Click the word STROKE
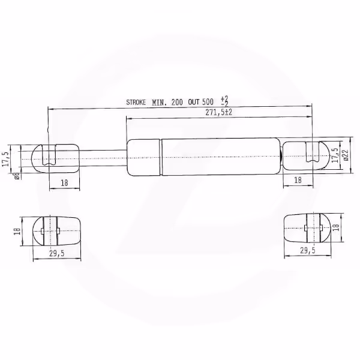[136, 102]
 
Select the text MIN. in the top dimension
[160, 103]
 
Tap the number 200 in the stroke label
[177, 102]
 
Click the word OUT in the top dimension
[194, 102]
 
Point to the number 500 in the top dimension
[208, 102]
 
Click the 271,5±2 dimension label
[219, 113]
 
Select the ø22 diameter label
[346, 155]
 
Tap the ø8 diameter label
[17, 176]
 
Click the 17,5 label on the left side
[5, 159]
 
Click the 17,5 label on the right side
[335, 155]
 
